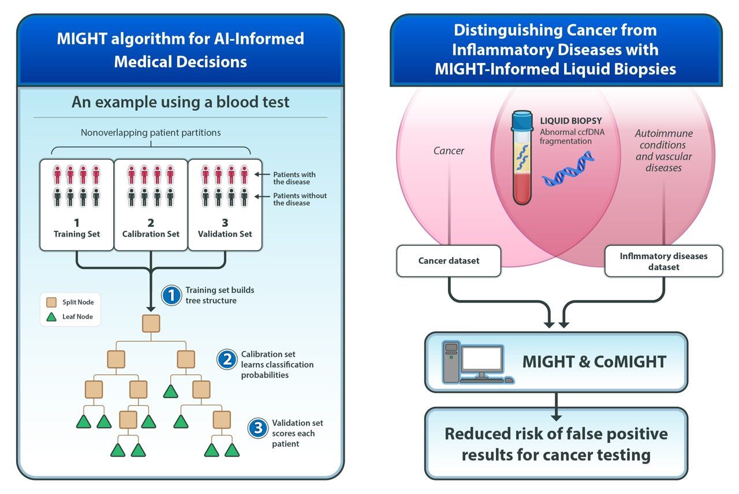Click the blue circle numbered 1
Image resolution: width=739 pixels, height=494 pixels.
[x=171, y=295]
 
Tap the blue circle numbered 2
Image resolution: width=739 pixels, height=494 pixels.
[x=226, y=360]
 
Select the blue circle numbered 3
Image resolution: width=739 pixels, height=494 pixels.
[x=257, y=428]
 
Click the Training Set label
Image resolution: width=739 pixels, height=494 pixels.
[x=77, y=234]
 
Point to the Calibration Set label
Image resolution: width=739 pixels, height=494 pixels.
[x=151, y=234]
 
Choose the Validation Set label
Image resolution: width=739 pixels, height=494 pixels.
[x=225, y=234]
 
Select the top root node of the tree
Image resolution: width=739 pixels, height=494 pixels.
[x=151, y=324]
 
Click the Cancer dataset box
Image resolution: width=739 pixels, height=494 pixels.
[x=449, y=261]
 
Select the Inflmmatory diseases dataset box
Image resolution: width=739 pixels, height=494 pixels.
[x=663, y=261]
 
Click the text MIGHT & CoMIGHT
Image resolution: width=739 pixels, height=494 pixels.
[x=594, y=362]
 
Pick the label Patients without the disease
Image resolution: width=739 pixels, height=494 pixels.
[x=300, y=199]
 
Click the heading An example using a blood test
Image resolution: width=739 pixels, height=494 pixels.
[x=180, y=102]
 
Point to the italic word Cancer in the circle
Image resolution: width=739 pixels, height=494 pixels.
[x=449, y=151]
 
